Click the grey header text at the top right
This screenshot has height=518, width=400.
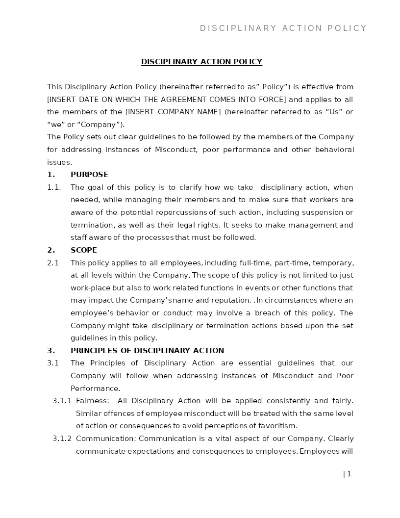(x=283, y=28)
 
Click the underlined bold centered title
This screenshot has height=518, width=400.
(x=201, y=62)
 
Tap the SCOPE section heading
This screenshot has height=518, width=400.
(x=84, y=250)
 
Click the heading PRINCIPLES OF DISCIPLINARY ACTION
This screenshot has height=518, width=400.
(x=147, y=351)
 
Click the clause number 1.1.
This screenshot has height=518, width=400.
(x=54, y=187)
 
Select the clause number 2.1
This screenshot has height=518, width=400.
(x=53, y=263)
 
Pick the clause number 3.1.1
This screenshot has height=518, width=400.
(x=62, y=401)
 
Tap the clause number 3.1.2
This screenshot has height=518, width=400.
(x=62, y=439)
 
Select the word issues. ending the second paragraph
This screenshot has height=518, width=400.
(x=59, y=162)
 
